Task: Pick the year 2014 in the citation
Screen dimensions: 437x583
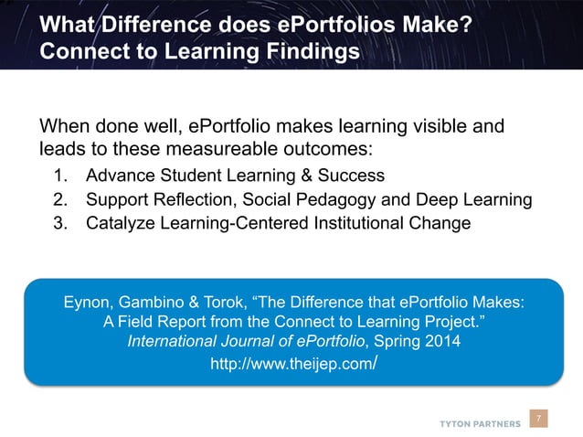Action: (x=443, y=342)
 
